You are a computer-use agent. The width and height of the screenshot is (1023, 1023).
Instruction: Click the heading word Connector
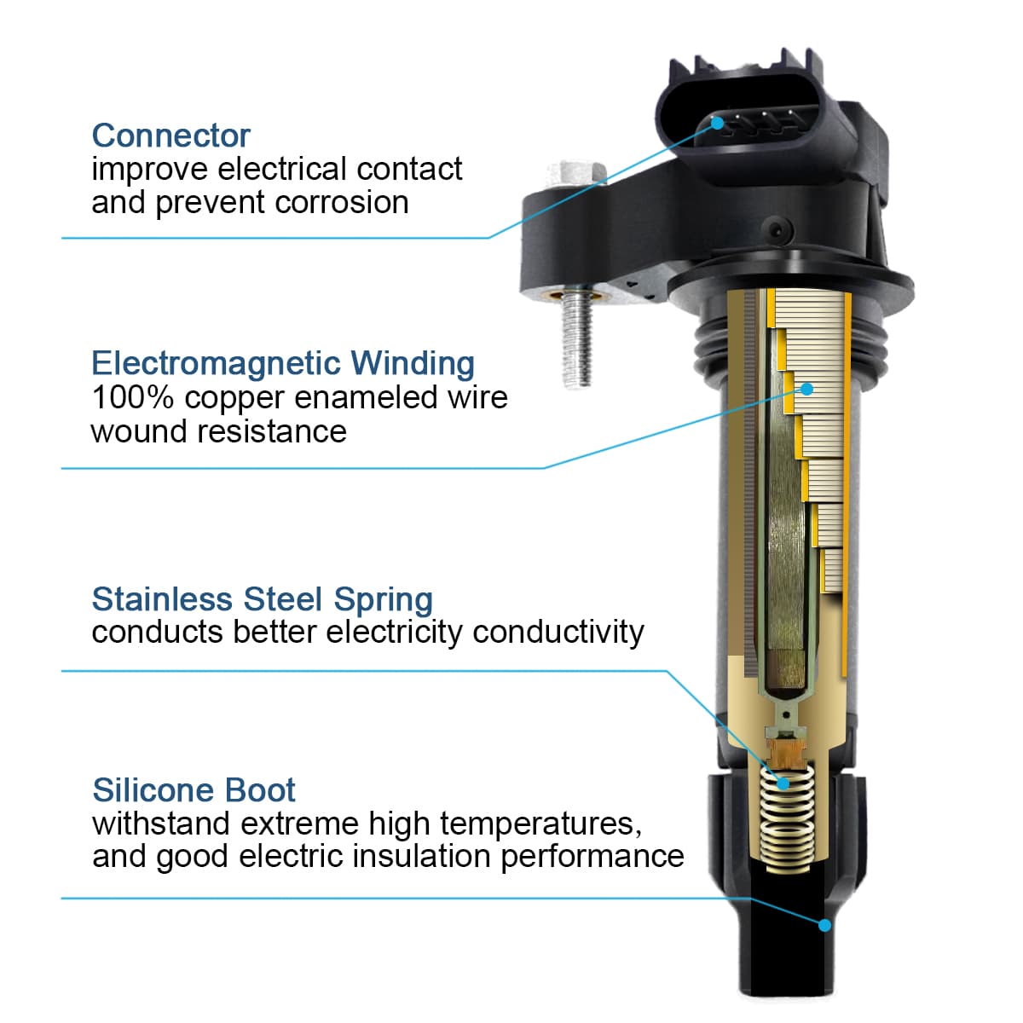click(171, 136)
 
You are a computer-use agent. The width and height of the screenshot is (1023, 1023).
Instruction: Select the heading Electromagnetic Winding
click(283, 364)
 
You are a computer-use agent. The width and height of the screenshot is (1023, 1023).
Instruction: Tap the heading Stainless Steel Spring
click(263, 599)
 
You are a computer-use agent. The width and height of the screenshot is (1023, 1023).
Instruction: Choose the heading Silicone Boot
click(194, 790)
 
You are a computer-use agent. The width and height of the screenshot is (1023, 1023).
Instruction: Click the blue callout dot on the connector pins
click(718, 123)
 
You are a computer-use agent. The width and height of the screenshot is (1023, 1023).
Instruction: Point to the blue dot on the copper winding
click(806, 389)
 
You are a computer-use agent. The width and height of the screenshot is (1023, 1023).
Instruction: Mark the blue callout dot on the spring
click(783, 783)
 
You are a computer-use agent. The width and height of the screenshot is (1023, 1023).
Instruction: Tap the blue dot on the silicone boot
click(824, 926)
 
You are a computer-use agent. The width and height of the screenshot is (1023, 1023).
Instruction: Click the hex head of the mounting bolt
click(576, 173)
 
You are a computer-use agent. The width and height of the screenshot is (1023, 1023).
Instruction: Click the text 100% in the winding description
click(133, 397)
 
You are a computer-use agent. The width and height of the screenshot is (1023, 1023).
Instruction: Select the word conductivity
click(558, 633)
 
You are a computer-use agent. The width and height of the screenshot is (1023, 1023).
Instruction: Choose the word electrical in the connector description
click(283, 170)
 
